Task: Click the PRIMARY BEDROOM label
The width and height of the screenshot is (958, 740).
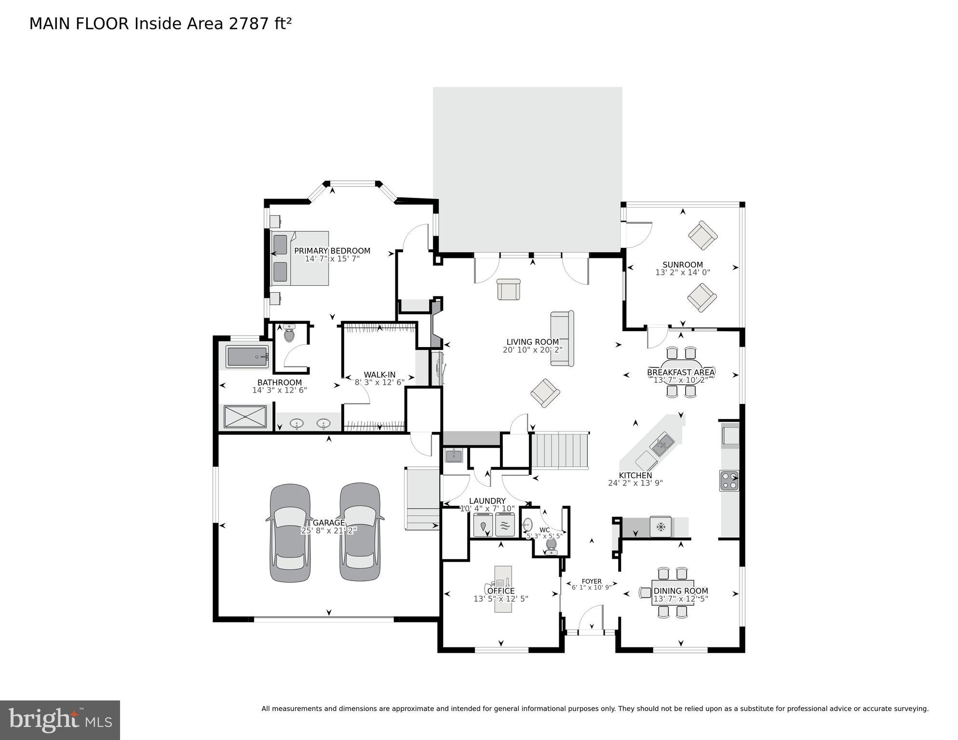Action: coord(332,251)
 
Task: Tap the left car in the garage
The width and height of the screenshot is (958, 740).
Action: coord(290,533)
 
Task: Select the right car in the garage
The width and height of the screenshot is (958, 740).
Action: coord(360,532)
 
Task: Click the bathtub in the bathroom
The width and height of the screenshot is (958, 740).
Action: coord(247,357)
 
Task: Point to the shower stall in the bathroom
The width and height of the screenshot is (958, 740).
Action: coord(245,417)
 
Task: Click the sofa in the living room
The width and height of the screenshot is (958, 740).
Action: coord(562,338)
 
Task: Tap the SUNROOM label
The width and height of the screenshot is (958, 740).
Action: coord(682,265)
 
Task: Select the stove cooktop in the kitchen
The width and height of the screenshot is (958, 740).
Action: coord(729,481)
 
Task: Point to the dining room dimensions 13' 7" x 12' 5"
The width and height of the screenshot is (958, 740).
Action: coord(680,599)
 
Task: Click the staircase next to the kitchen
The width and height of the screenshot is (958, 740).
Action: coord(560,451)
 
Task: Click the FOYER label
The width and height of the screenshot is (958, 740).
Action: coord(592,581)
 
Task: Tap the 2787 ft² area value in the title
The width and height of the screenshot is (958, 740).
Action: coord(260,24)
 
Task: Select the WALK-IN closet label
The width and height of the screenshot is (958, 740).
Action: coord(379,375)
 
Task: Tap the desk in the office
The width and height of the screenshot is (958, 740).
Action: coord(502,589)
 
